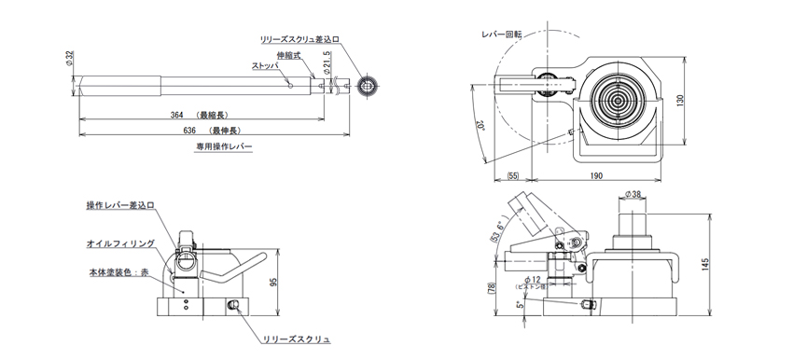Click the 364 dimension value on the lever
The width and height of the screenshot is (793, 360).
(177, 116)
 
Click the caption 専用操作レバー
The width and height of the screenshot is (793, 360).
(223, 146)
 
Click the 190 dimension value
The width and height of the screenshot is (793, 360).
(596, 175)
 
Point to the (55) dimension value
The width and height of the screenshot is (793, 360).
(513, 175)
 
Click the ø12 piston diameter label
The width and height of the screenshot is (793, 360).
(535, 281)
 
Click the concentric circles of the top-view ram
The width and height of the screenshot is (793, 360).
(616, 99)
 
